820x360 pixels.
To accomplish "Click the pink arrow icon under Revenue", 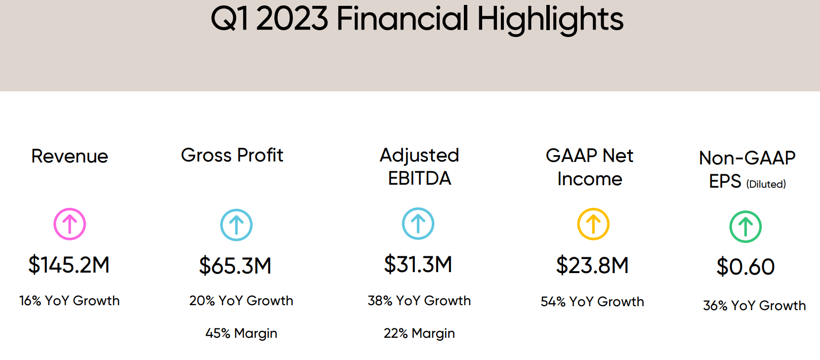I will click(x=70, y=224).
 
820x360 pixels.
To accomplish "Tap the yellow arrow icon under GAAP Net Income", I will click(x=593, y=224).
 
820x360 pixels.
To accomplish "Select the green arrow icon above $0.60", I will click(x=745, y=227).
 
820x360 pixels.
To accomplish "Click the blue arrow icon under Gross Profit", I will click(x=236, y=225).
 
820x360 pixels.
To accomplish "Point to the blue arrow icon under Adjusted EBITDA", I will click(x=418, y=224).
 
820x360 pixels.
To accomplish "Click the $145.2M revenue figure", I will click(x=69, y=265).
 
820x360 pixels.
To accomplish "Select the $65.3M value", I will click(x=235, y=266).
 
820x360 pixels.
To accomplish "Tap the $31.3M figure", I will click(x=418, y=264).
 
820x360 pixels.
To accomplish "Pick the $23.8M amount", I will click(x=592, y=265).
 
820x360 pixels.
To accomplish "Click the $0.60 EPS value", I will click(x=745, y=267).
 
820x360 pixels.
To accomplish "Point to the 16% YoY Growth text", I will click(x=69, y=301).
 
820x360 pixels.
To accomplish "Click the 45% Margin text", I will click(x=241, y=333).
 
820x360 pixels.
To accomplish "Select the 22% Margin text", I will click(x=419, y=333).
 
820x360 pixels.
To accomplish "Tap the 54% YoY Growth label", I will click(x=592, y=302).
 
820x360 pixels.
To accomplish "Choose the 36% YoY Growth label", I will click(x=754, y=306).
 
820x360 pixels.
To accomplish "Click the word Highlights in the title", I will click(x=550, y=20).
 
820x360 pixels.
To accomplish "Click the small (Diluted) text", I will click(x=766, y=184).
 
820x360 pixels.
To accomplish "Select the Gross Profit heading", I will click(x=232, y=156).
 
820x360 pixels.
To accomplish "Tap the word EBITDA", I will click(x=419, y=178).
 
